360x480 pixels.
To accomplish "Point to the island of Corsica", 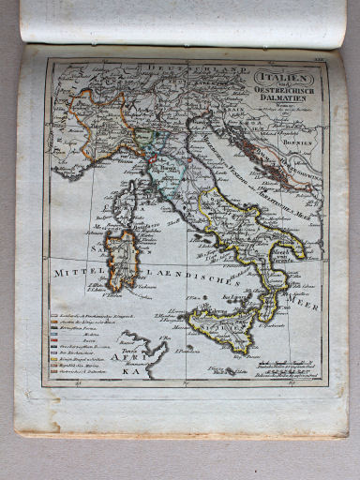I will tap(124, 205).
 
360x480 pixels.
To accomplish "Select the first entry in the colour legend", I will tap(94, 316).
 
